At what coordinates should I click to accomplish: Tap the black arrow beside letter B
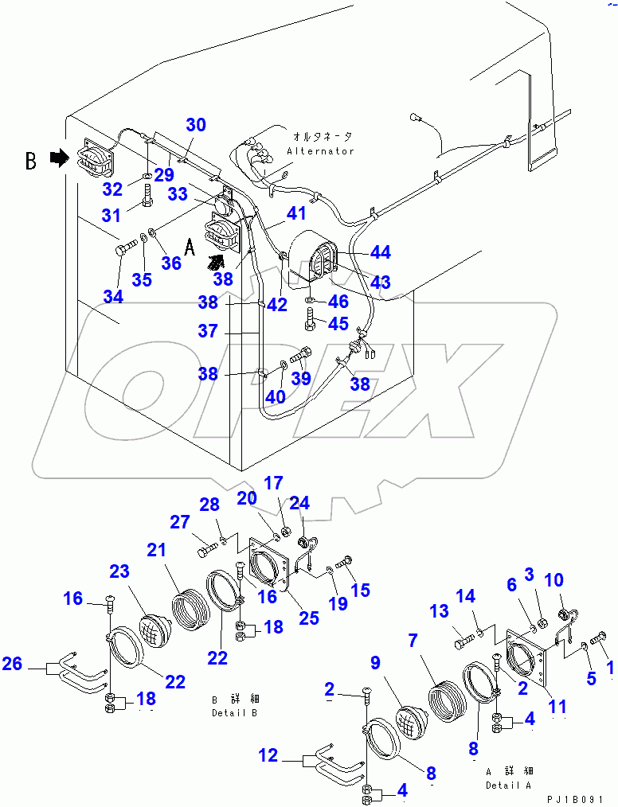point(58,159)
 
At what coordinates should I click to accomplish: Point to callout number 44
point(381,252)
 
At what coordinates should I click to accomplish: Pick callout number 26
point(12,662)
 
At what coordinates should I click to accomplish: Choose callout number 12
point(269,754)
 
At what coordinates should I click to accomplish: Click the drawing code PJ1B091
point(582,798)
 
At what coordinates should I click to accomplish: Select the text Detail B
point(234,712)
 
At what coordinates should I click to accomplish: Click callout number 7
point(412,641)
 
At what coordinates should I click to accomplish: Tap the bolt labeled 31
point(148,194)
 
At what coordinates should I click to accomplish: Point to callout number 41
point(296,212)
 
